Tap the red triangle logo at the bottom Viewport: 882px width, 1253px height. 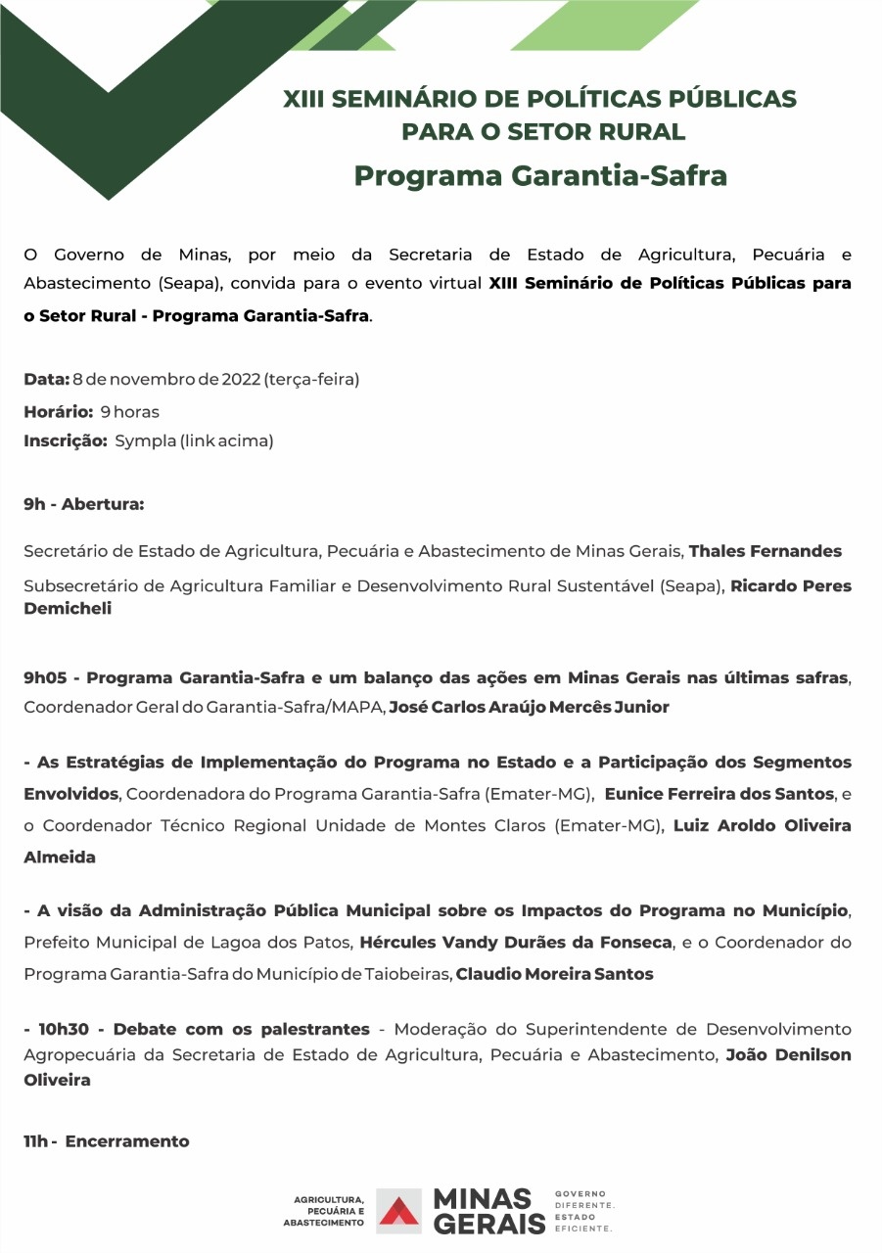[x=398, y=1211]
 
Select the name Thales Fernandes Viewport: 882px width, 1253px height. [x=765, y=551]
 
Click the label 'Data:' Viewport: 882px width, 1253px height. [x=46, y=380]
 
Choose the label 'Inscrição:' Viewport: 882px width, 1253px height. [x=66, y=441]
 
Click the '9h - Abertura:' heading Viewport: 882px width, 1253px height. [x=84, y=505]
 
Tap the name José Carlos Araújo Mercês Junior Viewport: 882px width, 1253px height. [x=529, y=707]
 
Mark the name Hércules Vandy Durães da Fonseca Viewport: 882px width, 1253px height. [x=516, y=943]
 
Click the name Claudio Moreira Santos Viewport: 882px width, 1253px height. [x=554, y=974]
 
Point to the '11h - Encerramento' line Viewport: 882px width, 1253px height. [x=107, y=1141]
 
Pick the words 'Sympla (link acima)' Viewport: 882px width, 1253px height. [x=194, y=441]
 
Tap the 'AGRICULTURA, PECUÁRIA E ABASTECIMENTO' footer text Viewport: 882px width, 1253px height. [x=323, y=1211]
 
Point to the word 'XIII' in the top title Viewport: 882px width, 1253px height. [x=304, y=99]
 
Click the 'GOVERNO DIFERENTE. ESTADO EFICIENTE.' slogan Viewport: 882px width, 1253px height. [x=584, y=1211]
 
